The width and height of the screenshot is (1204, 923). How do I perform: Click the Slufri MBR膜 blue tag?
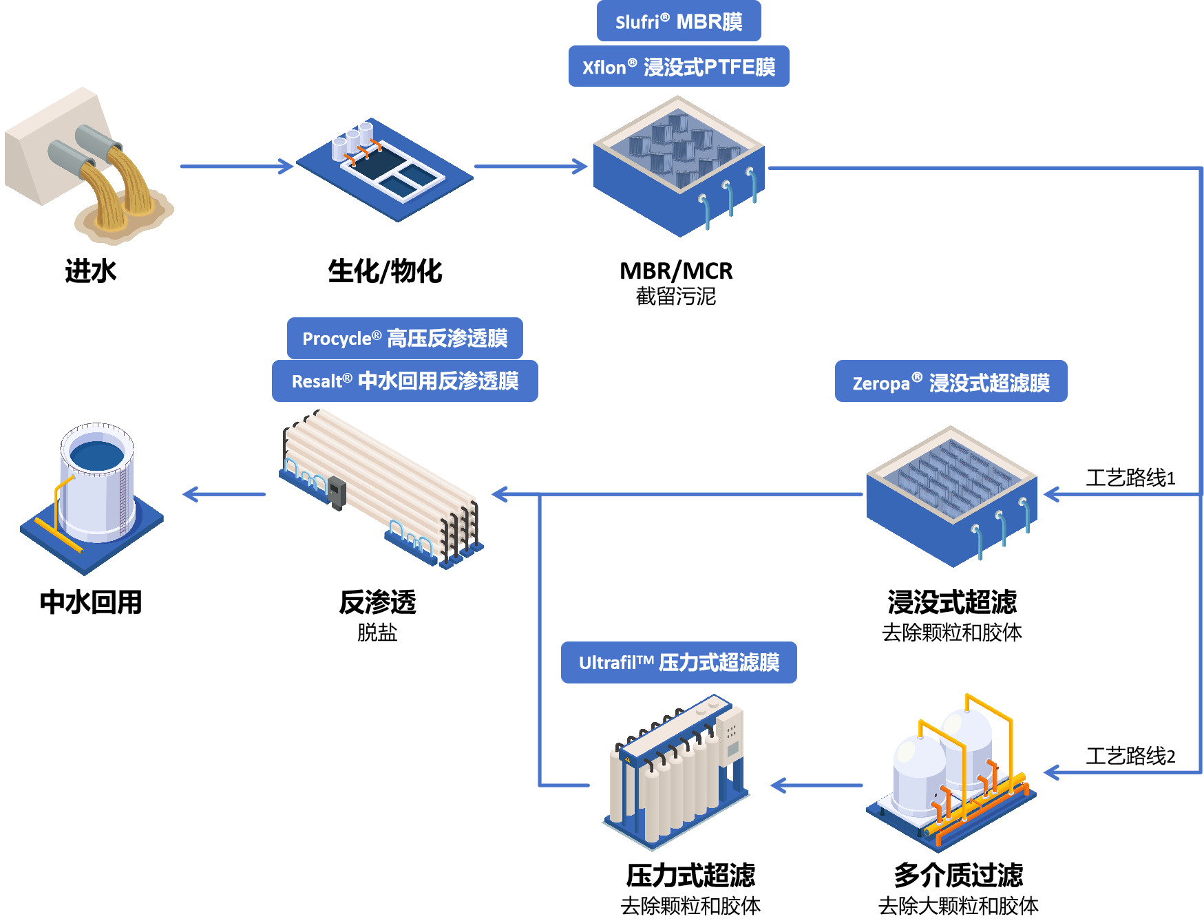tap(678, 21)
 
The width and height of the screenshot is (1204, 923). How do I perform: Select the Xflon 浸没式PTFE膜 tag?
tap(678, 67)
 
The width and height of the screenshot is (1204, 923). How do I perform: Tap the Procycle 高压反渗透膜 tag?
tap(405, 338)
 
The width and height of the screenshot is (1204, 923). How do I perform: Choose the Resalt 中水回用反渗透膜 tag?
tap(405, 381)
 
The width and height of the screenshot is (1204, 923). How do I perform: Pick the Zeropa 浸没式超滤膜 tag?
tap(951, 381)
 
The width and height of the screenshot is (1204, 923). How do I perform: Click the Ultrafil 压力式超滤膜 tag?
tap(679, 662)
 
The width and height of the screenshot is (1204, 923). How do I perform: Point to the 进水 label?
tap(90, 270)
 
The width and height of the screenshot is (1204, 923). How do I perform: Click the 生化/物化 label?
tap(385, 270)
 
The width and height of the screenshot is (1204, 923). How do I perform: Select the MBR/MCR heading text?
tap(676, 270)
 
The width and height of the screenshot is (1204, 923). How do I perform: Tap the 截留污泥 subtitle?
tap(676, 297)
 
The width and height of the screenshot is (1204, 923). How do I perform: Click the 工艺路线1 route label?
tap(1130, 478)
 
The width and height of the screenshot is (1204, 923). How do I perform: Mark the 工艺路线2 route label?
tap(1130, 756)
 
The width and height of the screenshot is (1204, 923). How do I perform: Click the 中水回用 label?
tap(90, 602)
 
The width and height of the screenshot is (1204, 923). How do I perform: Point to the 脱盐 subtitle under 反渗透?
tap(377, 632)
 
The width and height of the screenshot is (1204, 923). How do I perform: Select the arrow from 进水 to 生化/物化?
tap(236, 166)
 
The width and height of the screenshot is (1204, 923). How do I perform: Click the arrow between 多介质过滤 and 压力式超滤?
tap(816, 785)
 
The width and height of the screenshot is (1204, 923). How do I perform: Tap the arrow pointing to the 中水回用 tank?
tap(224, 494)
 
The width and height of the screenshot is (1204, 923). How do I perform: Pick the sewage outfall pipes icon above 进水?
tap(89, 165)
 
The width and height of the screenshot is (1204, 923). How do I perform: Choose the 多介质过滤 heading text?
tap(958, 876)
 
